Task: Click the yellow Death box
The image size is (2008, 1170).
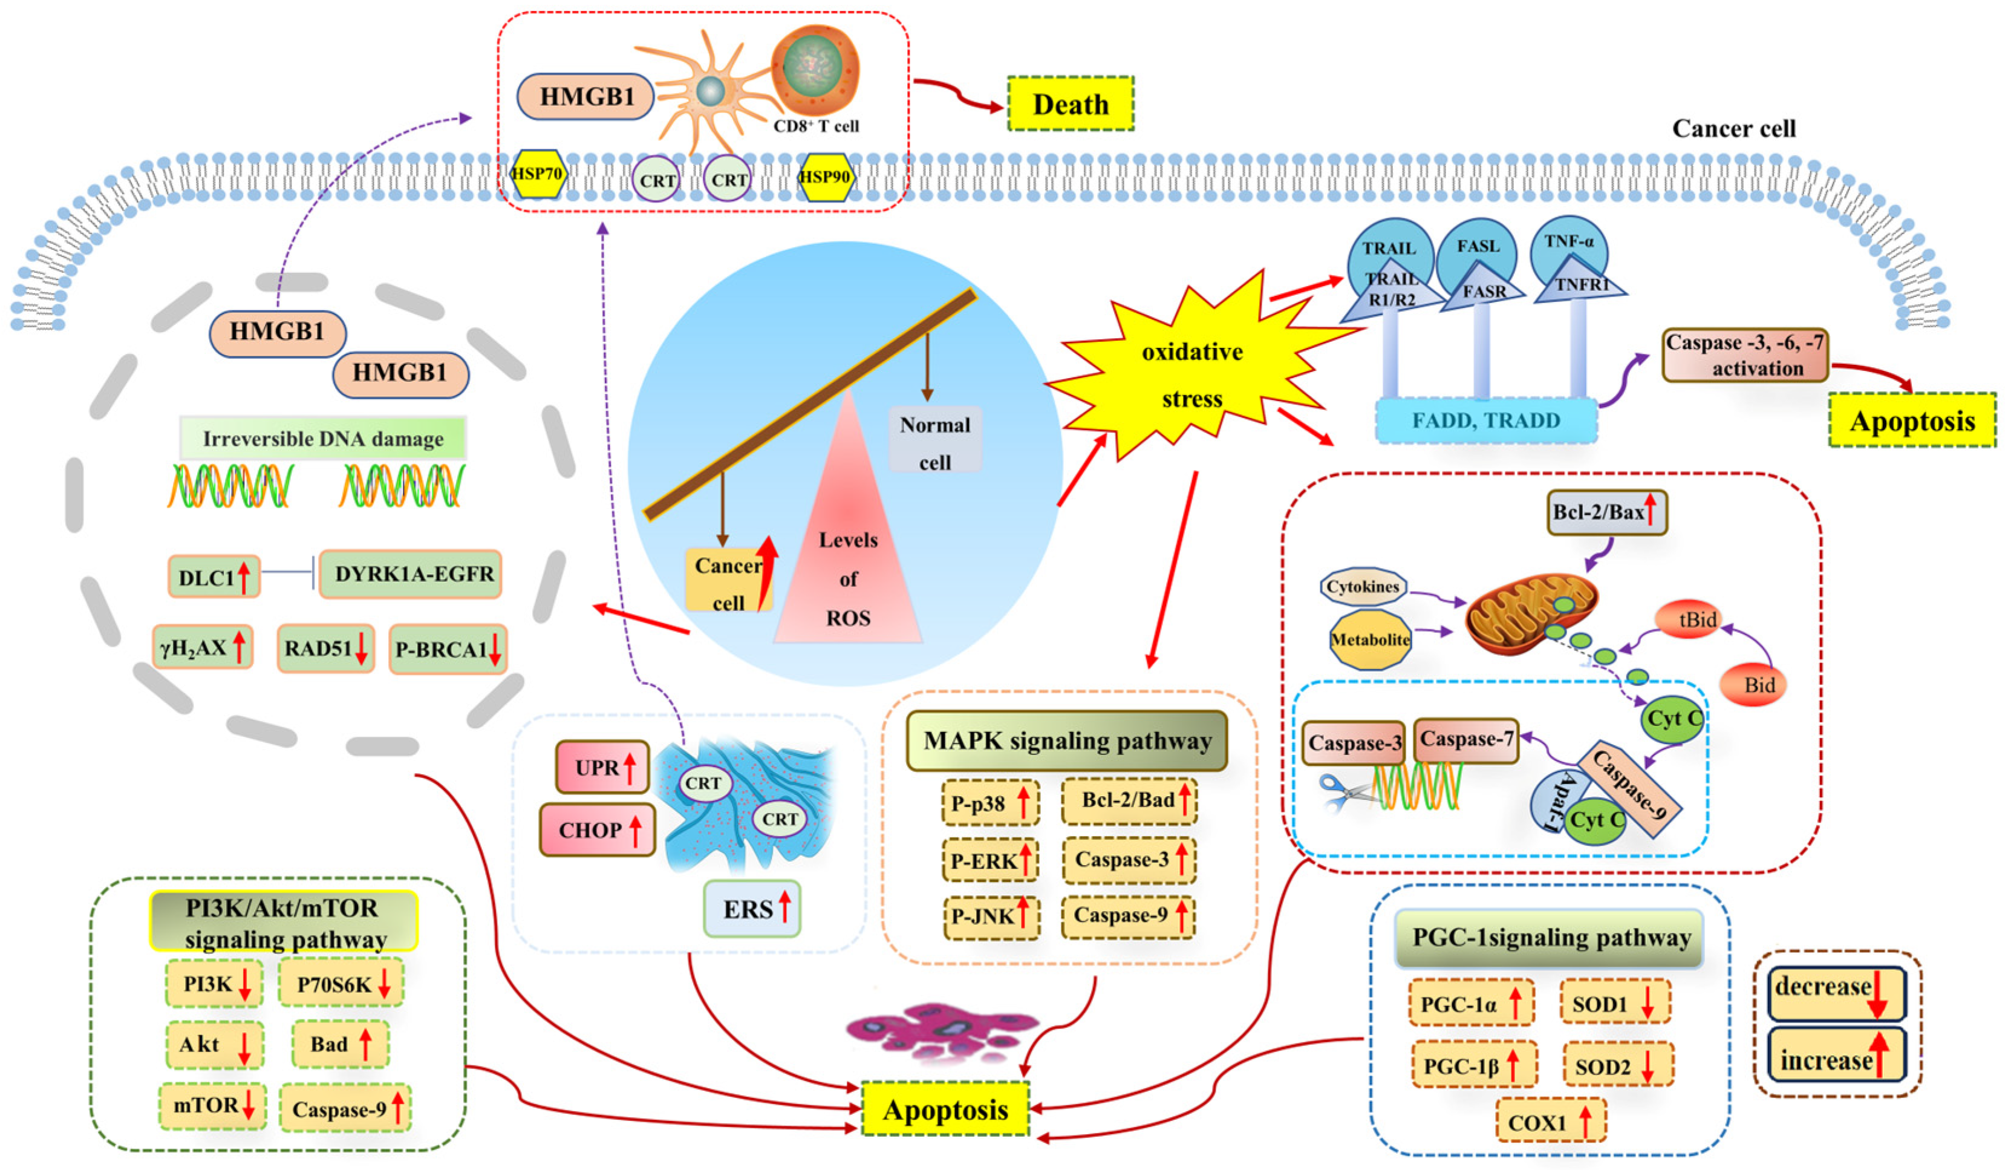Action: click(x=1069, y=103)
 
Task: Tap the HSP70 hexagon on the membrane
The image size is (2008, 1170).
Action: click(x=538, y=174)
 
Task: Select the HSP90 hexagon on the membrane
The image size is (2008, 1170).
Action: click(x=825, y=176)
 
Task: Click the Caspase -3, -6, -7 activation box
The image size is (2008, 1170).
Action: click(x=1744, y=356)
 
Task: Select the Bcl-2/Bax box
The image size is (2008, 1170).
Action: click(x=1606, y=512)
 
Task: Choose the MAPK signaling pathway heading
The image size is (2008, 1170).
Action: click(x=1067, y=740)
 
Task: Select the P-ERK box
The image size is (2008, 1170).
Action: click(x=989, y=861)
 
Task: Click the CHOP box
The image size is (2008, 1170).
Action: click(x=598, y=829)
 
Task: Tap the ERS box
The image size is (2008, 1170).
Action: click(x=751, y=909)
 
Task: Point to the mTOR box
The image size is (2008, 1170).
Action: click(x=212, y=1105)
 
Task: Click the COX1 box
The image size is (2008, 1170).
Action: click(x=1550, y=1122)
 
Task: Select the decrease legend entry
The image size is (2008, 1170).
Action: click(x=1836, y=992)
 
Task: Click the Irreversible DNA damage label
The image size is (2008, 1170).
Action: click(x=323, y=439)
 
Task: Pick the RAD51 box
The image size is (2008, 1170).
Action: click(x=325, y=649)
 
